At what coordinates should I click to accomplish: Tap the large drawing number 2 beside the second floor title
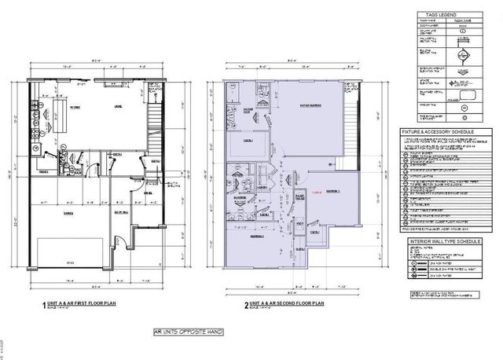pos(224,303)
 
